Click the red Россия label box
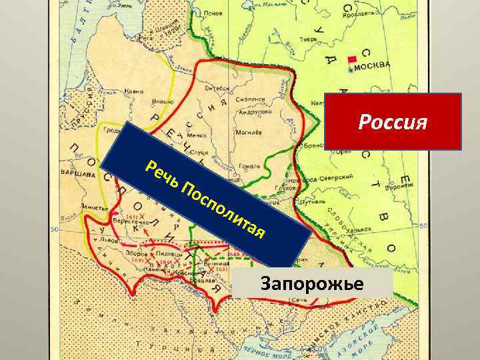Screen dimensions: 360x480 (393, 121)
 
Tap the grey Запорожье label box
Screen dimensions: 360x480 (313, 284)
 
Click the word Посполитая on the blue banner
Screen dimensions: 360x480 (226, 211)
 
